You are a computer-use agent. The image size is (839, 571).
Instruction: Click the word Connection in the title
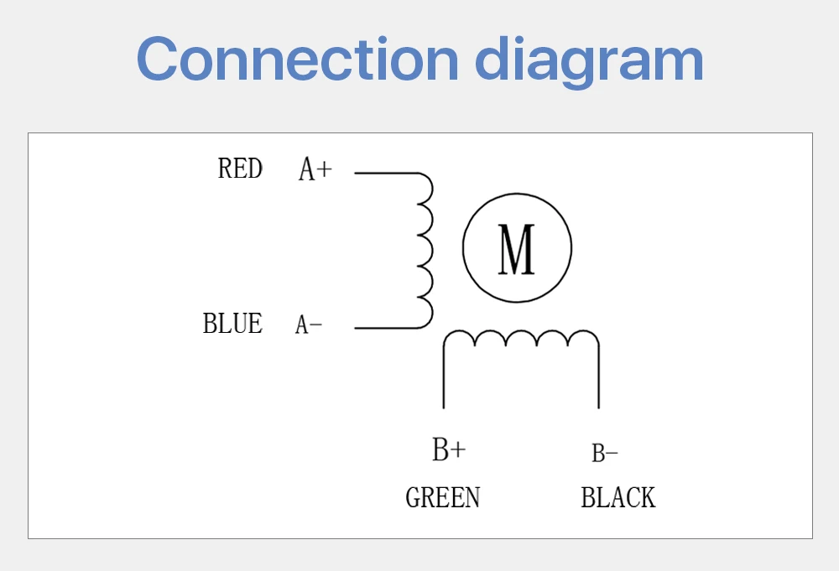coord(298,59)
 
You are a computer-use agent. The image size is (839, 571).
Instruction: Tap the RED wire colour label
coord(240,169)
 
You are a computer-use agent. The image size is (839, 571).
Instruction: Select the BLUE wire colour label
coord(232,324)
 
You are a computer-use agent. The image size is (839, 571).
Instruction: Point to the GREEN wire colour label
coord(443,498)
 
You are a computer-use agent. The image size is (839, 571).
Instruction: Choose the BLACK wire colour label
coord(618,498)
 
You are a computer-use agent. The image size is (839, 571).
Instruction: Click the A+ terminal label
coord(315,170)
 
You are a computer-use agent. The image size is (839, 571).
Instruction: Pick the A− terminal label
coord(309,325)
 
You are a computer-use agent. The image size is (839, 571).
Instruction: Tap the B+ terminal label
coord(449,450)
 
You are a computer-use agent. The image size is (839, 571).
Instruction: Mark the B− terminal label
coord(605,454)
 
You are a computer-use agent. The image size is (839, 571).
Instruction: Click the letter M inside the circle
coord(517,249)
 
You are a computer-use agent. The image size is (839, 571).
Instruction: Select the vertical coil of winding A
coord(425,250)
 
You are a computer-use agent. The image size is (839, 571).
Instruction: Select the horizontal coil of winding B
coord(521,338)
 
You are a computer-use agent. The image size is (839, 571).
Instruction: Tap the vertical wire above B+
coord(444,377)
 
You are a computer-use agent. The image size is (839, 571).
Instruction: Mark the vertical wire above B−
coord(598,377)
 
